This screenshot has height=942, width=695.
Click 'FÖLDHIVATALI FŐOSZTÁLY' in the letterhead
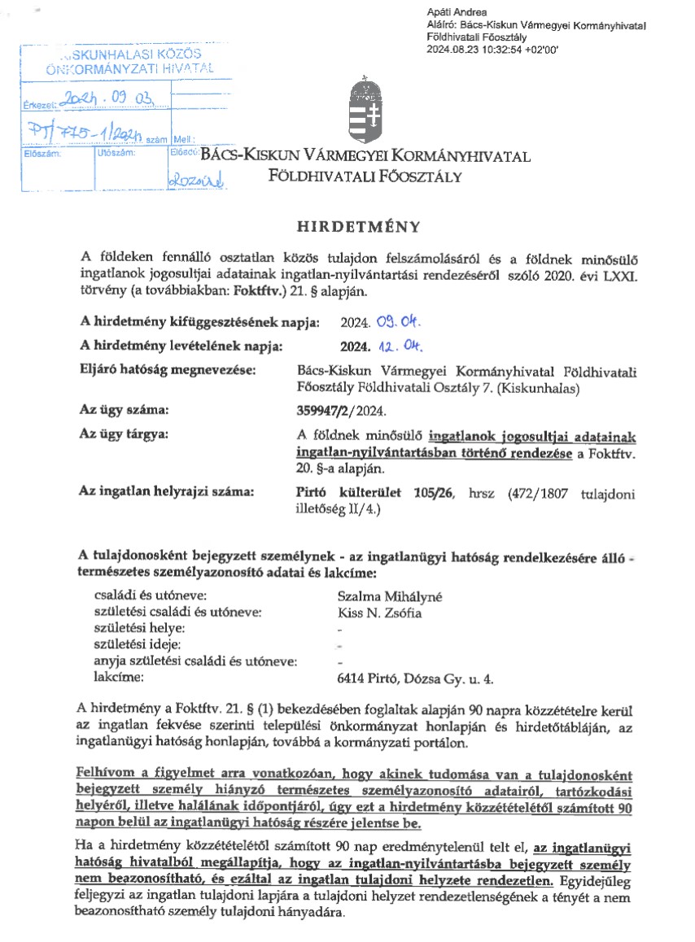(x=366, y=176)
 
